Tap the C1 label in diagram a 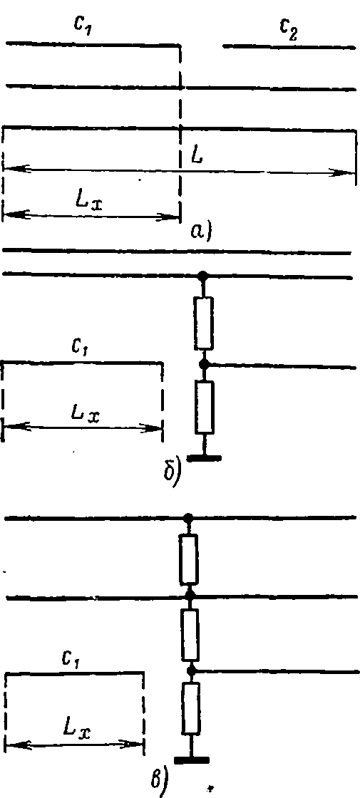[83, 27]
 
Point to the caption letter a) [200, 232]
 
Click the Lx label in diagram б [85, 416]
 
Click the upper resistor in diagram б [204, 323]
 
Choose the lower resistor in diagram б [205, 407]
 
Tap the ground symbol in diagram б [204, 457]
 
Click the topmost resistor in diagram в [189, 559]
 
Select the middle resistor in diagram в [190, 635]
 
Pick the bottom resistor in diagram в [191, 709]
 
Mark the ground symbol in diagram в [192, 760]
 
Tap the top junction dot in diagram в [188, 518]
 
